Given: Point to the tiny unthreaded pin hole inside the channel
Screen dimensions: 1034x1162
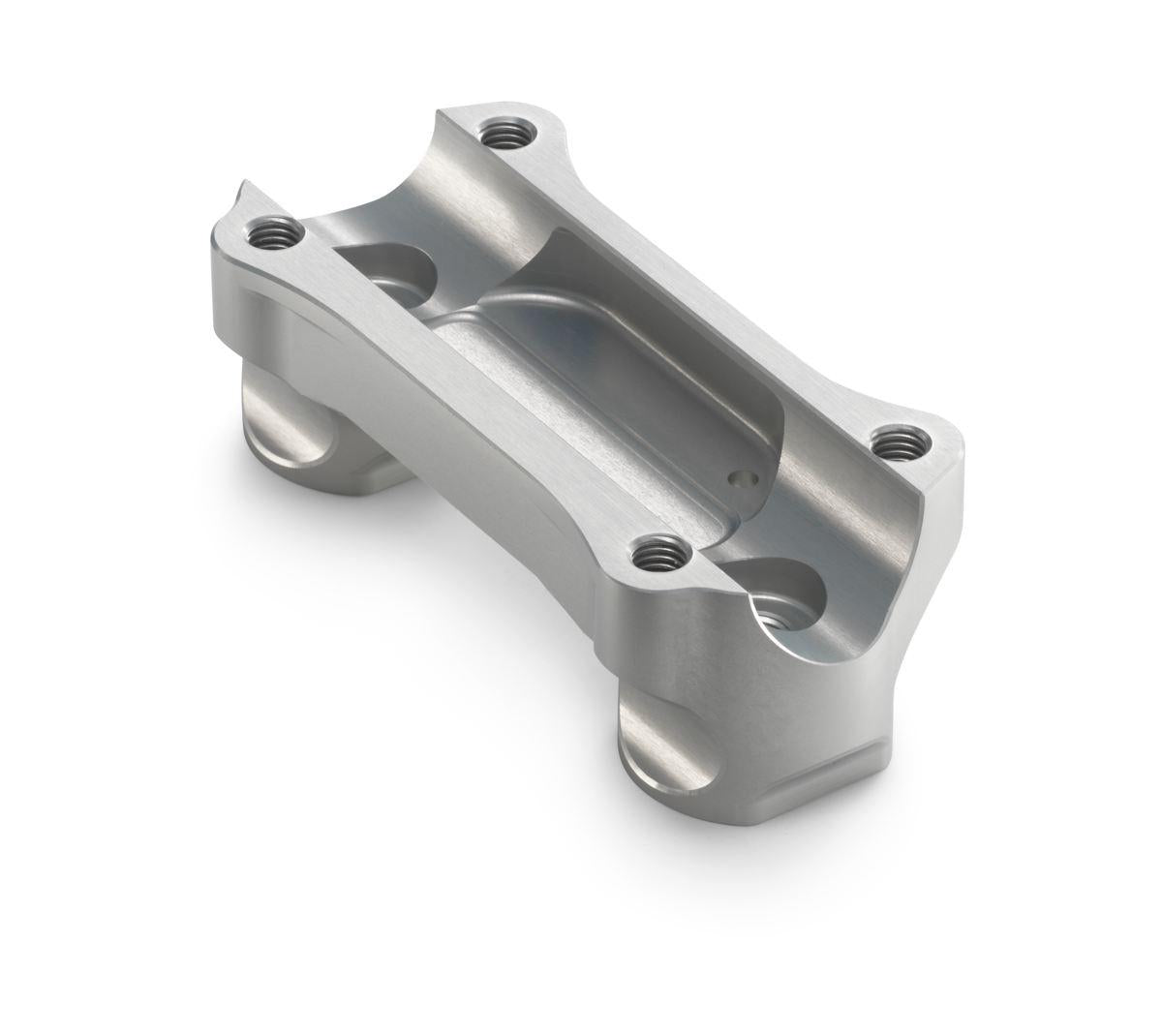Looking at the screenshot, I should click(x=742, y=478).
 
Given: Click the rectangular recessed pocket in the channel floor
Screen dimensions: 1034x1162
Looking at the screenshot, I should click(x=620, y=358).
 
